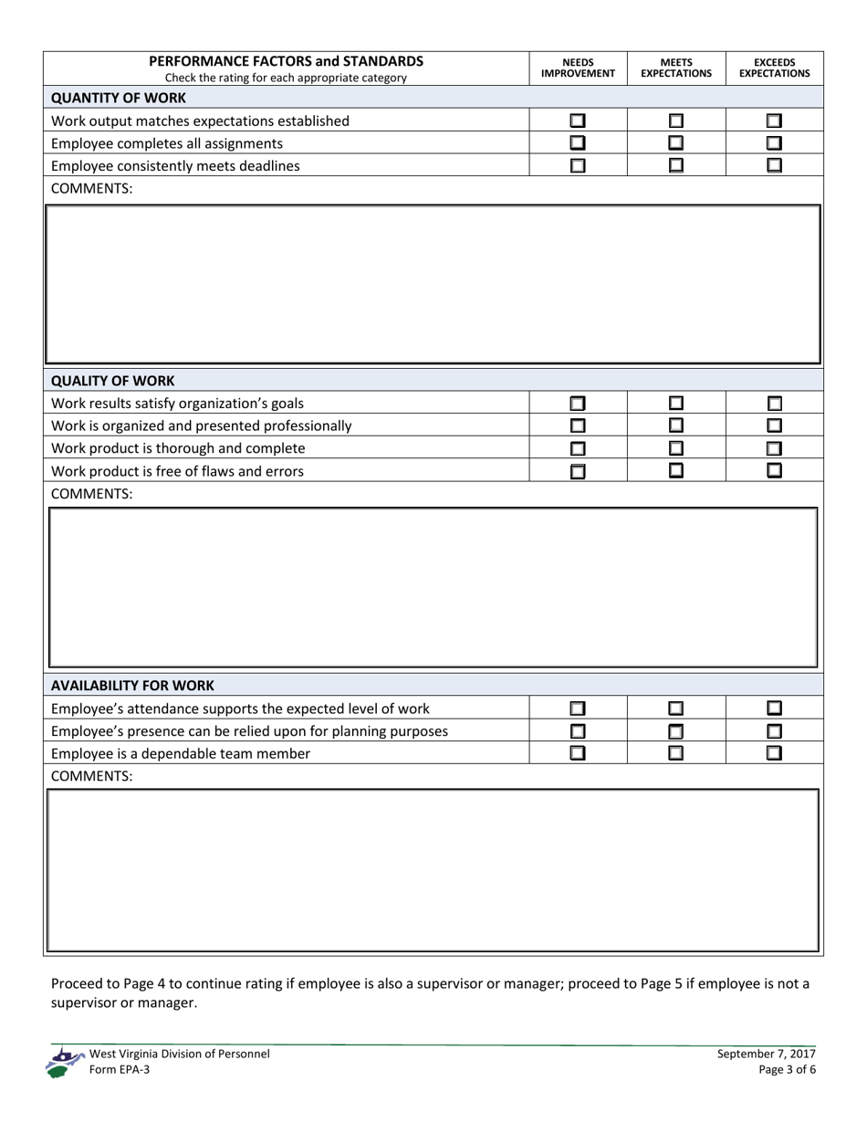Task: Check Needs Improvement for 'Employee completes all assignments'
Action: [x=578, y=143]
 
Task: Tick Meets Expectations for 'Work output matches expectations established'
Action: [x=676, y=121]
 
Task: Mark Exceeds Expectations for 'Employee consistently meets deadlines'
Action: [x=774, y=166]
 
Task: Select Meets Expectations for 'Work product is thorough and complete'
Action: [x=676, y=448]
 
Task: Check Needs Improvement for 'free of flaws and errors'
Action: [x=578, y=471]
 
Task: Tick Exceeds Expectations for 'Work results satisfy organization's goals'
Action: [x=774, y=403]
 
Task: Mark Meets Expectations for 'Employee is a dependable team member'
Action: [x=676, y=753]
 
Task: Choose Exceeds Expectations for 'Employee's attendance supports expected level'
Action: [x=774, y=708]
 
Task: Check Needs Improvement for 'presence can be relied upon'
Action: [x=578, y=730]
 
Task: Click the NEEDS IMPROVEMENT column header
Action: [x=578, y=68]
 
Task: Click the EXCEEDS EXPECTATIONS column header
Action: [x=774, y=68]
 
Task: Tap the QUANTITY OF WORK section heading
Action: [x=119, y=98]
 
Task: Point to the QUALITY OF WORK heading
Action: [x=112, y=381]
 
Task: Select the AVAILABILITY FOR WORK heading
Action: [x=132, y=685]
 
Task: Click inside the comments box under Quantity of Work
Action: [x=433, y=284]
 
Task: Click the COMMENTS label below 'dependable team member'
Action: [x=91, y=776]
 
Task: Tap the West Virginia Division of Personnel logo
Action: [x=64, y=1063]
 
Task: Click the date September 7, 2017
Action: [x=767, y=1054]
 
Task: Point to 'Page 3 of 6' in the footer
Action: [x=787, y=1070]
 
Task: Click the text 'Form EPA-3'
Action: [x=120, y=1070]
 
